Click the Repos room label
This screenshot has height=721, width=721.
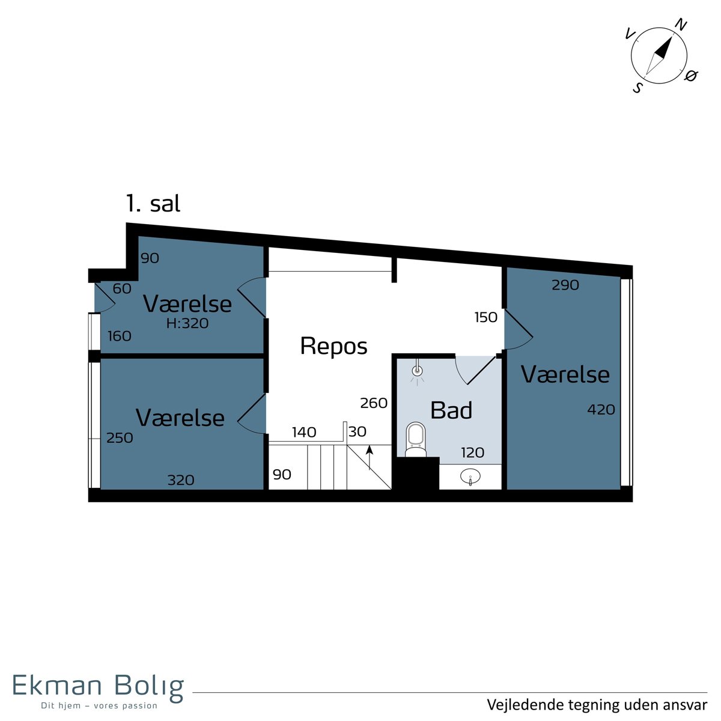pos(333,347)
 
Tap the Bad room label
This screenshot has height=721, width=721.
pos(451,410)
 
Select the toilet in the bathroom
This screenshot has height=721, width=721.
pos(416,440)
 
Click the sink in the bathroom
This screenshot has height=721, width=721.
pos(470,477)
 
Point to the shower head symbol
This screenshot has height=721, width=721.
pos(417,371)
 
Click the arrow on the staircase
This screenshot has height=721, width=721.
pos(370,457)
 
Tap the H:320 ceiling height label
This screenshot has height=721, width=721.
pos(187,323)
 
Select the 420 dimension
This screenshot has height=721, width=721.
pos(601,410)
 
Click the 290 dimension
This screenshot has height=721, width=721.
pos(565,285)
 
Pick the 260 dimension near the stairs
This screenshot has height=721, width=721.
pos(373,403)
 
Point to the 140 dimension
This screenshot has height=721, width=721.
pos(304,432)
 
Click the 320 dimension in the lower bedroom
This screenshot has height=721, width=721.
pos(181,480)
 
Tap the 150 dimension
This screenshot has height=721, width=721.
pos(485,317)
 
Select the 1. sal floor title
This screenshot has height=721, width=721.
pos(153,204)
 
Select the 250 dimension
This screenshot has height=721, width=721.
pos(120,438)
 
